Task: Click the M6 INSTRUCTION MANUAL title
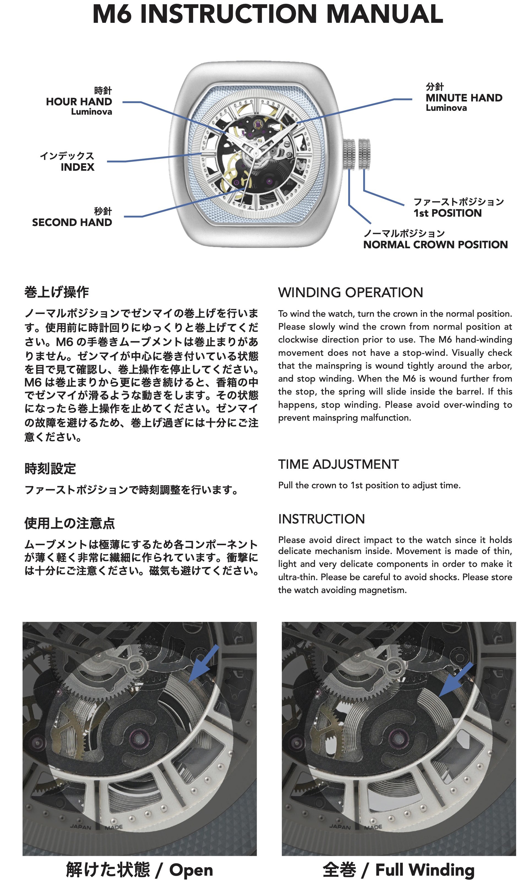pyautogui.click(x=267, y=14)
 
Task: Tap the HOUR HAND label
pyautogui.click(x=79, y=101)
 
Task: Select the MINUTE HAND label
pyautogui.click(x=464, y=98)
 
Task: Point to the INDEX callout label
pyautogui.click(x=78, y=167)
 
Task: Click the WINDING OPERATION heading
pyautogui.click(x=351, y=292)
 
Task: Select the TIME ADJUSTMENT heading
pyautogui.click(x=338, y=464)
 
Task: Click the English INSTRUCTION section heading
pyautogui.click(x=321, y=519)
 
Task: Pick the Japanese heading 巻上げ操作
pyautogui.click(x=57, y=292)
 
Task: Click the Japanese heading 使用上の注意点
pyautogui.click(x=70, y=523)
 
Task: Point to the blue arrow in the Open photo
pyautogui.click(x=204, y=663)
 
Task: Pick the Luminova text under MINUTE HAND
pyautogui.click(x=446, y=108)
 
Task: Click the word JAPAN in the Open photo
pyautogui.click(x=81, y=827)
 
